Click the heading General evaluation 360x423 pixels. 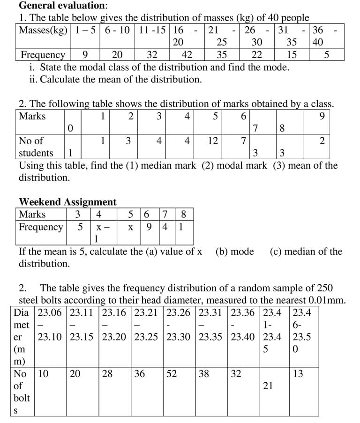click(x=62, y=6)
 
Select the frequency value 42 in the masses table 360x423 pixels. click(x=187, y=55)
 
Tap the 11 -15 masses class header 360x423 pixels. click(x=152, y=30)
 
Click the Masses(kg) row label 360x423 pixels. click(x=43, y=30)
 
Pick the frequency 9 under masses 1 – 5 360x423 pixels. click(x=85, y=55)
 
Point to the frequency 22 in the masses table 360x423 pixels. click(x=257, y=55)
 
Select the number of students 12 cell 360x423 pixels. click(x=213, y=141)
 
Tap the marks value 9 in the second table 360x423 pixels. click(x=322, y=116)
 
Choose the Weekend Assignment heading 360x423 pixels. click(x=67, y=202)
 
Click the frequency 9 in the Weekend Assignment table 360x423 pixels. click(x=149, y=227)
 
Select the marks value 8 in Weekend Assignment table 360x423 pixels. click(x=183, y=215)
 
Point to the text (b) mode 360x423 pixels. click(x=234, y=252)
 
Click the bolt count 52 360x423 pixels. click(x=174, y=374)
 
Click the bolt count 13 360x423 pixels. click(x=298, y=374)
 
